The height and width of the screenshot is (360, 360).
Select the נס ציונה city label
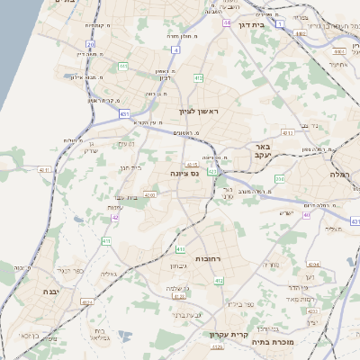184,172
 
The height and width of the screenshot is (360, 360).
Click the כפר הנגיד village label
69,269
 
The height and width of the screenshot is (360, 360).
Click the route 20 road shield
91,43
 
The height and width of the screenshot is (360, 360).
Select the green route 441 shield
121,66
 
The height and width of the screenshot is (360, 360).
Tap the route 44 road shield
227,22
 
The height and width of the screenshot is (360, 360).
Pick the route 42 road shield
114,216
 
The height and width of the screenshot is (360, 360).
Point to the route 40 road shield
307,214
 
